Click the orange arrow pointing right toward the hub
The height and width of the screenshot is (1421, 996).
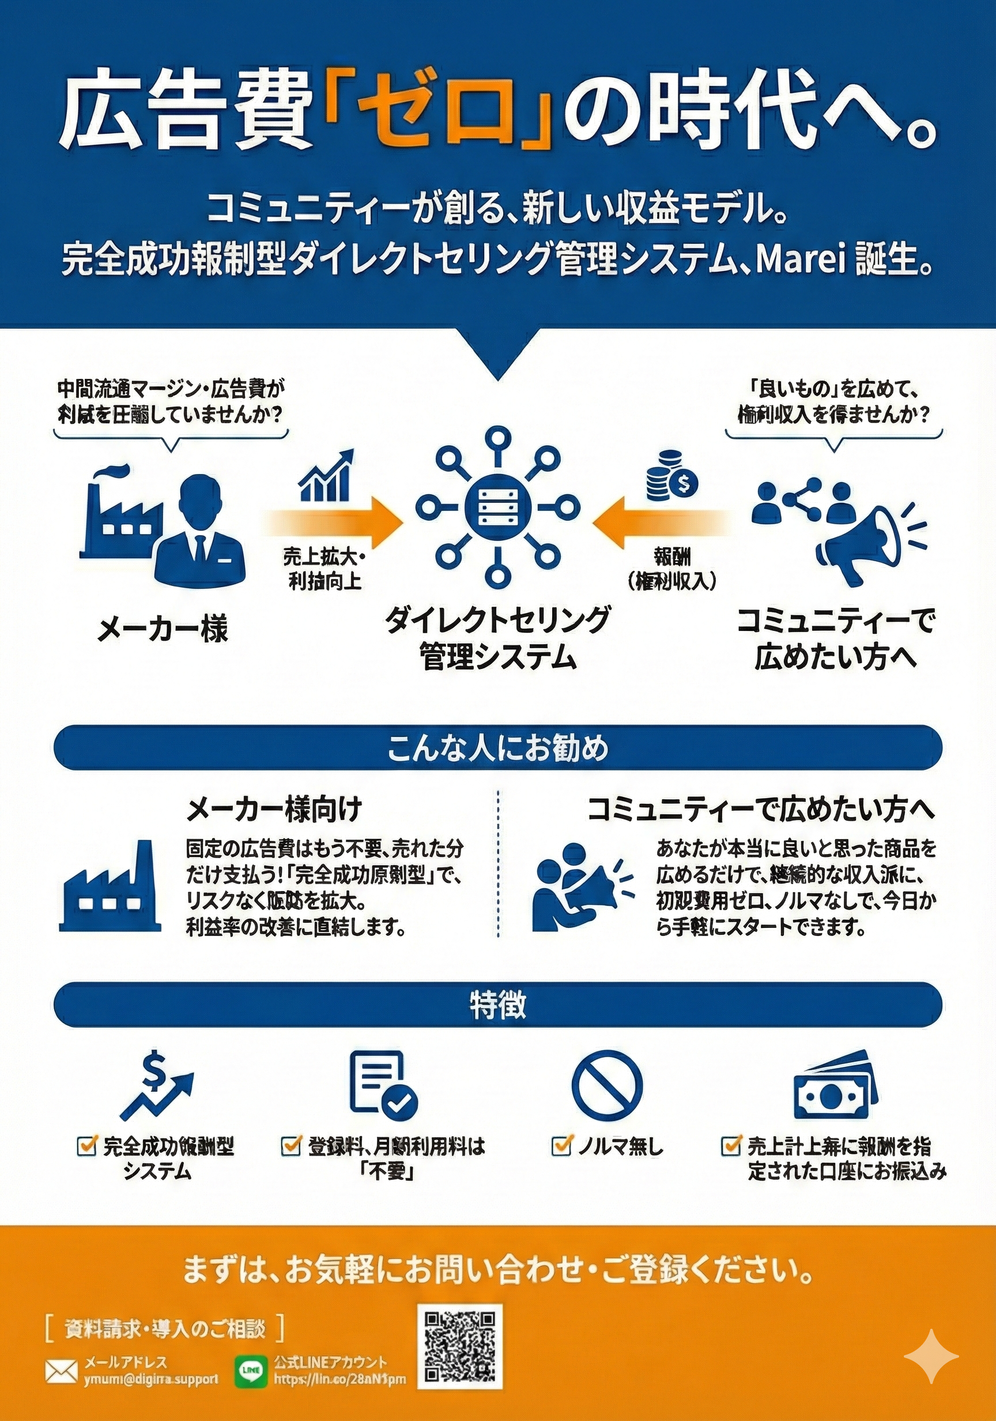point(337,511)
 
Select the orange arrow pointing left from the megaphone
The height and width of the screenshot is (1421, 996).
point(659,511)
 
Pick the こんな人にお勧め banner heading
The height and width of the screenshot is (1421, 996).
point(498,747)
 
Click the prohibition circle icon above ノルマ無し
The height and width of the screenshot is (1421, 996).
point(607,1084)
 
